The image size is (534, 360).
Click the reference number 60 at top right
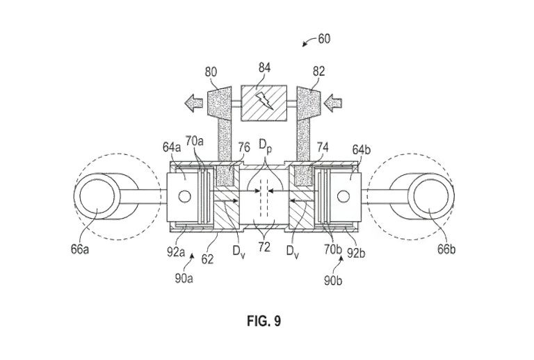coord(324,39)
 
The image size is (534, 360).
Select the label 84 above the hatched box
coord(264,68)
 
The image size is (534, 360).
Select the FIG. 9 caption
coord(266,321)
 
